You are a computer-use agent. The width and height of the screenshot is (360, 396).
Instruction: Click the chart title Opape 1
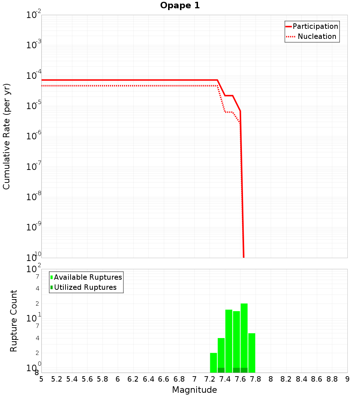click(x=180, y=6)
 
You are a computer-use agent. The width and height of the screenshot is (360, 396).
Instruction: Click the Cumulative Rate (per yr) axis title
click(x=6, y=136)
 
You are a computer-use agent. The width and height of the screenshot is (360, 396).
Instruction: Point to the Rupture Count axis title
click(x=14, y=321)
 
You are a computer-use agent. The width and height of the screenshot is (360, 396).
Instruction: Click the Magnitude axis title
click(x=194, y=390)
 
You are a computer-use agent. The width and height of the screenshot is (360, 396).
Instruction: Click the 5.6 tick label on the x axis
click(x=87, y=379)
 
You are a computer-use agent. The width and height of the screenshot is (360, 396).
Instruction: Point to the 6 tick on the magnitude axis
click(x=118, y=379)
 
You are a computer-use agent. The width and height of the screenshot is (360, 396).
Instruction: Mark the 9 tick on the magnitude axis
click(x=347, y=379)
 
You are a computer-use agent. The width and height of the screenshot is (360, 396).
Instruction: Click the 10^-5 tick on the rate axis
click(x=34, y=106)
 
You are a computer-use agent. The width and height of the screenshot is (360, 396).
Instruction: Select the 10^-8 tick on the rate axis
click(x=34, y=197)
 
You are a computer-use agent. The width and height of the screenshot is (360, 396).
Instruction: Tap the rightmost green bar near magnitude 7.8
click(x=252, y=353)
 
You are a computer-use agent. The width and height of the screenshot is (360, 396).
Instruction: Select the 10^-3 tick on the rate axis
click(x=34, y=45)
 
